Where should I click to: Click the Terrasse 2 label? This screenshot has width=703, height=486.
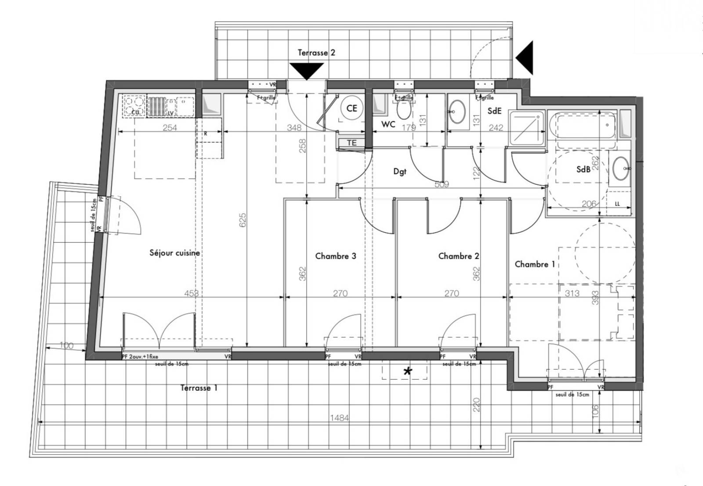point(316,53)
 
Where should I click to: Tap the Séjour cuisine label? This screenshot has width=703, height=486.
point(174,253)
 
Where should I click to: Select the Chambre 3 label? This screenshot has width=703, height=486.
point(335,256)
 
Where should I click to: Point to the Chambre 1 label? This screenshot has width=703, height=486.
point(535,264)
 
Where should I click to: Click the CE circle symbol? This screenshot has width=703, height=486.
point(351,108)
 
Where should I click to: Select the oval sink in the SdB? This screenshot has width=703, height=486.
point(620,168)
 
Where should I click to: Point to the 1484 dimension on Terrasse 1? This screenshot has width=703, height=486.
point(339,418)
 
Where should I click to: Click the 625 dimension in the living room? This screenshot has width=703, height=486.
point(243,220)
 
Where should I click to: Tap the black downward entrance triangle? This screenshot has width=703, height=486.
point(306,70)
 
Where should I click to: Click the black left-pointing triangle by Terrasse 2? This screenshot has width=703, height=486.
point(525,58)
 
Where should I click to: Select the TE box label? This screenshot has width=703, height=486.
point(351,143)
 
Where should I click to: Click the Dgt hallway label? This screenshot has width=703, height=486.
point(399,172)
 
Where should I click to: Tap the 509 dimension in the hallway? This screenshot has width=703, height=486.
point(442,184)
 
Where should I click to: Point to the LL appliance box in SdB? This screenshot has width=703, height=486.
point(617,204)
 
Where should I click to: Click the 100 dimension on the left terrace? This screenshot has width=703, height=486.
point(66,346)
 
